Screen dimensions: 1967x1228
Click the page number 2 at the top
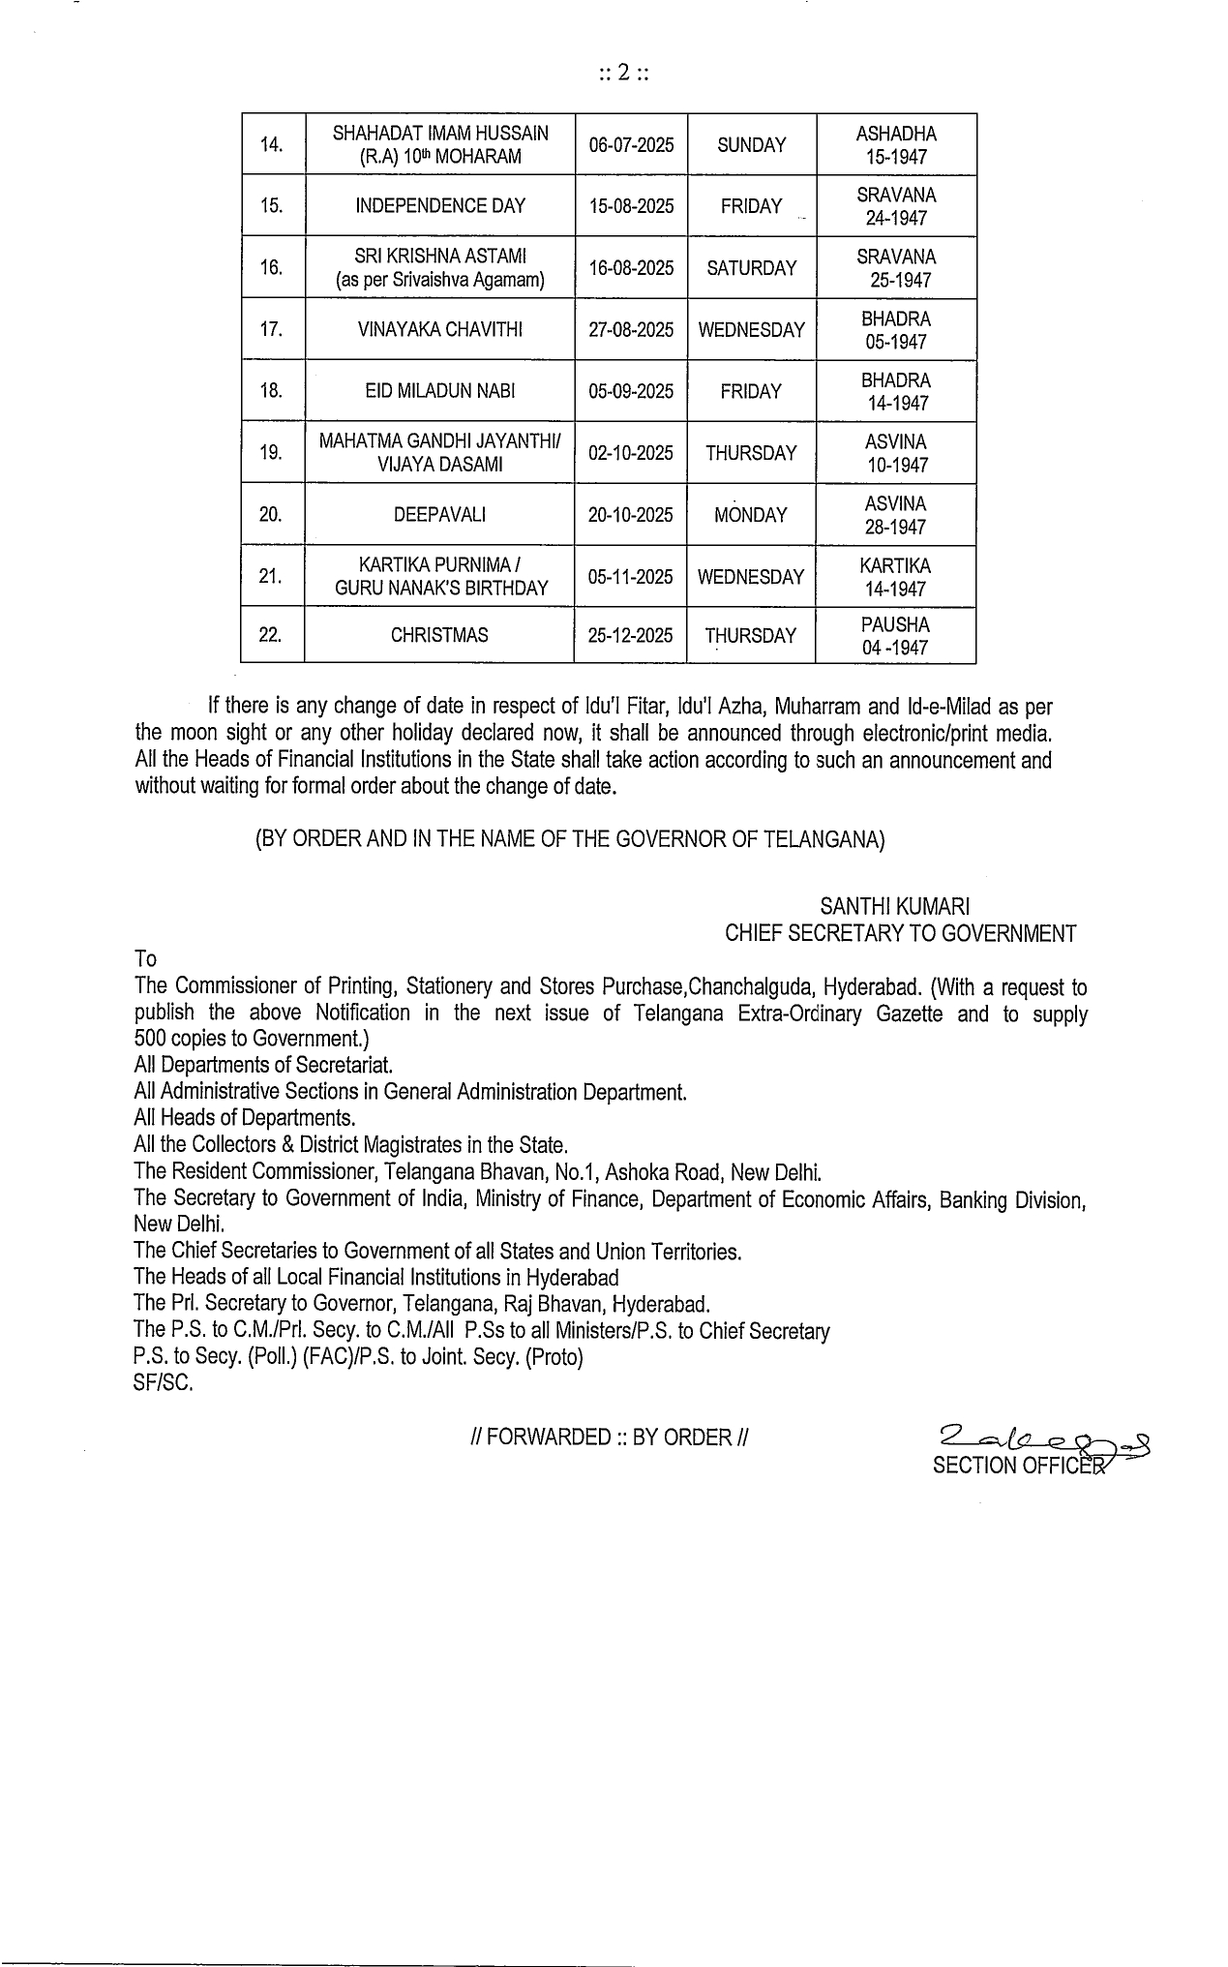pos(623,73)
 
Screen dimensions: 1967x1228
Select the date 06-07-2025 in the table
pos(631,145)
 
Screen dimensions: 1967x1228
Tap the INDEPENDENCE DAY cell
pos(440,206)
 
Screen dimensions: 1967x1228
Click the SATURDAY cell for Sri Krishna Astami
pos(752,268)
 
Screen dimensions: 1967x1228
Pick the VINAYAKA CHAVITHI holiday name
pos(440,329)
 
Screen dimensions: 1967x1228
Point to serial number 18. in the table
pos(272,391)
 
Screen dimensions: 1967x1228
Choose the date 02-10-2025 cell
pos(631,453)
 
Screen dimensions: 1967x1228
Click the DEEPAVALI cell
pos(440,515)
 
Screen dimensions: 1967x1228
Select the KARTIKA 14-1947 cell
pos(895,577)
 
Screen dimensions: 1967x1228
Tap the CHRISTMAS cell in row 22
pos(439,636)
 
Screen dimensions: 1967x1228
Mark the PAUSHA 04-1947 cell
pos(895,636)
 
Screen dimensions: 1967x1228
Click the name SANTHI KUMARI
pos(895,907)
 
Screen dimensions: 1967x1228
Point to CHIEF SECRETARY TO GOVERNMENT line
pos(901,934)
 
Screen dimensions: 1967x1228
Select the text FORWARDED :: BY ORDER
pos(608,1437)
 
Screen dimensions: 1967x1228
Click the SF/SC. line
pos(164,1384)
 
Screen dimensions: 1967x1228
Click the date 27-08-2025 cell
pos(631,329)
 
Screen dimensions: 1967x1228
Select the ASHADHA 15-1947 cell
pos(896,145)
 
